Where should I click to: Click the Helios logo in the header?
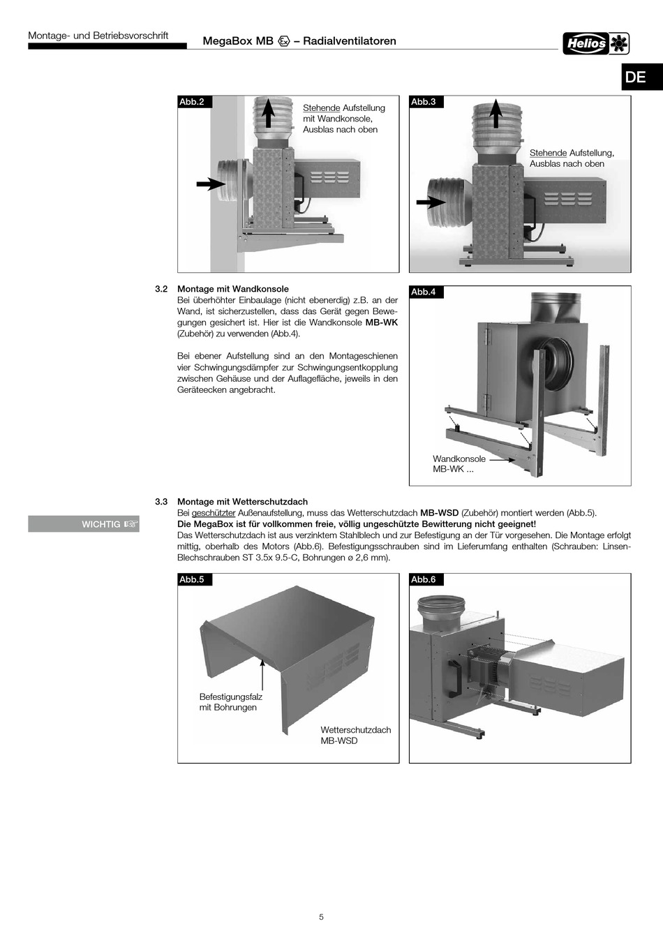596,43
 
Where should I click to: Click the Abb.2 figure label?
193,102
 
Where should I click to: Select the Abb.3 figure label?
424,102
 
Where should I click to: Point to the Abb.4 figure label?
424,292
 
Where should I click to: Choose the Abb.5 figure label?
193,579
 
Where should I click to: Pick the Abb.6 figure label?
424,579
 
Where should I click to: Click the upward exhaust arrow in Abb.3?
496,113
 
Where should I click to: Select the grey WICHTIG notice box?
84,523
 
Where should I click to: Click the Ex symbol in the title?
284,41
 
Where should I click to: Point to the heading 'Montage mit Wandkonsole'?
232,289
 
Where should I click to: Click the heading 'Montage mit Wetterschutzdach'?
242,502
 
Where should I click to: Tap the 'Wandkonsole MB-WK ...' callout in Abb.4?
459,464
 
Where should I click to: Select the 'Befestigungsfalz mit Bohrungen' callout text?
230,702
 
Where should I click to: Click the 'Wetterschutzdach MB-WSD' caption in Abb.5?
355,735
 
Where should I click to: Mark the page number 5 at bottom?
321,917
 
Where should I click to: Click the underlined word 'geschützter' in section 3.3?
214,513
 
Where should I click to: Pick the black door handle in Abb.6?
456,676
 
